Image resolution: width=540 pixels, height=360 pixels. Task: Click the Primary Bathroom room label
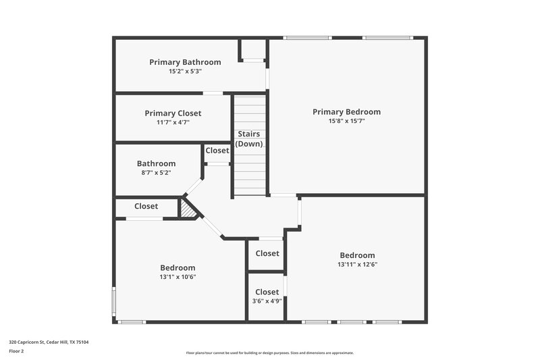coord(175,62)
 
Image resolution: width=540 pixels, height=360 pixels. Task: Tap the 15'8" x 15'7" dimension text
coord(346,122)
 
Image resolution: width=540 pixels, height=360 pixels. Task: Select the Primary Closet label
coord(173,113)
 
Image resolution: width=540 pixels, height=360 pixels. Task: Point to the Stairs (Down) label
coord(249,139)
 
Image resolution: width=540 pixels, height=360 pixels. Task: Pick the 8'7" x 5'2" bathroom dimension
coord(156,173)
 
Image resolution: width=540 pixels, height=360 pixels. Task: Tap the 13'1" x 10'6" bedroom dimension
coord(178,277)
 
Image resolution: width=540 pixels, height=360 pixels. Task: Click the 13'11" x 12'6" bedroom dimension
coord(357,265)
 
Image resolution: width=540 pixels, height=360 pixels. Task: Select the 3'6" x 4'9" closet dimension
coord(267,301)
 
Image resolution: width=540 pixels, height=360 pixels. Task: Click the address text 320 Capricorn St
coord(49,342)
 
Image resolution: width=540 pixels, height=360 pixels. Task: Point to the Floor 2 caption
coord(16,351)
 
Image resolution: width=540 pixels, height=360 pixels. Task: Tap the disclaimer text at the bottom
coord(269,353)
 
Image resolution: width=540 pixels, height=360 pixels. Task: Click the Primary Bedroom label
coord(346,112)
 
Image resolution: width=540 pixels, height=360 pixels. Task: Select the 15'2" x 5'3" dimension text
coord(175,72)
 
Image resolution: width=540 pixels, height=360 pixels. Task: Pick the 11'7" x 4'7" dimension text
coord(173,123)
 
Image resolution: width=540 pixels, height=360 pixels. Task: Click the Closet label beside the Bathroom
coord(217,151)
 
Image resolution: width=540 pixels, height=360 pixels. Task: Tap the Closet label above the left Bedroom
coord(146,207)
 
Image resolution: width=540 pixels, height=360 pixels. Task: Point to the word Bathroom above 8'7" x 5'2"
coord(156,163)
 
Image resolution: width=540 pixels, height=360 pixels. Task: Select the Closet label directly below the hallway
coord(267,254)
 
